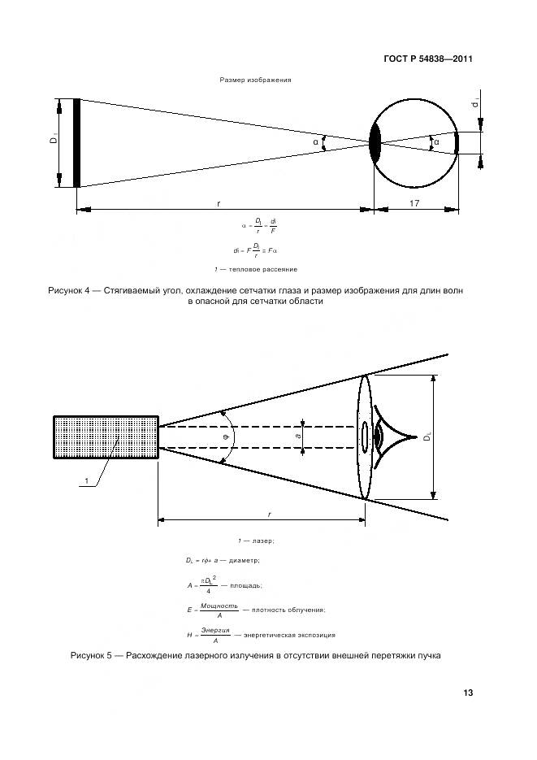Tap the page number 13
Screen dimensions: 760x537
467,693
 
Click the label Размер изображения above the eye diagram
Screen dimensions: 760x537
255,80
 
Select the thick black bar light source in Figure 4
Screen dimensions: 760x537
76,142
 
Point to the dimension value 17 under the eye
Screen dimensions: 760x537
414,203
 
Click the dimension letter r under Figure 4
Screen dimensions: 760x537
219,203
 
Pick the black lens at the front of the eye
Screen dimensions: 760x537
375,143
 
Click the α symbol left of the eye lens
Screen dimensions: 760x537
315,142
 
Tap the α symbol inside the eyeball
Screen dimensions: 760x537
436,142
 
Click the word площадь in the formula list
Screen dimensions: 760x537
245,584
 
